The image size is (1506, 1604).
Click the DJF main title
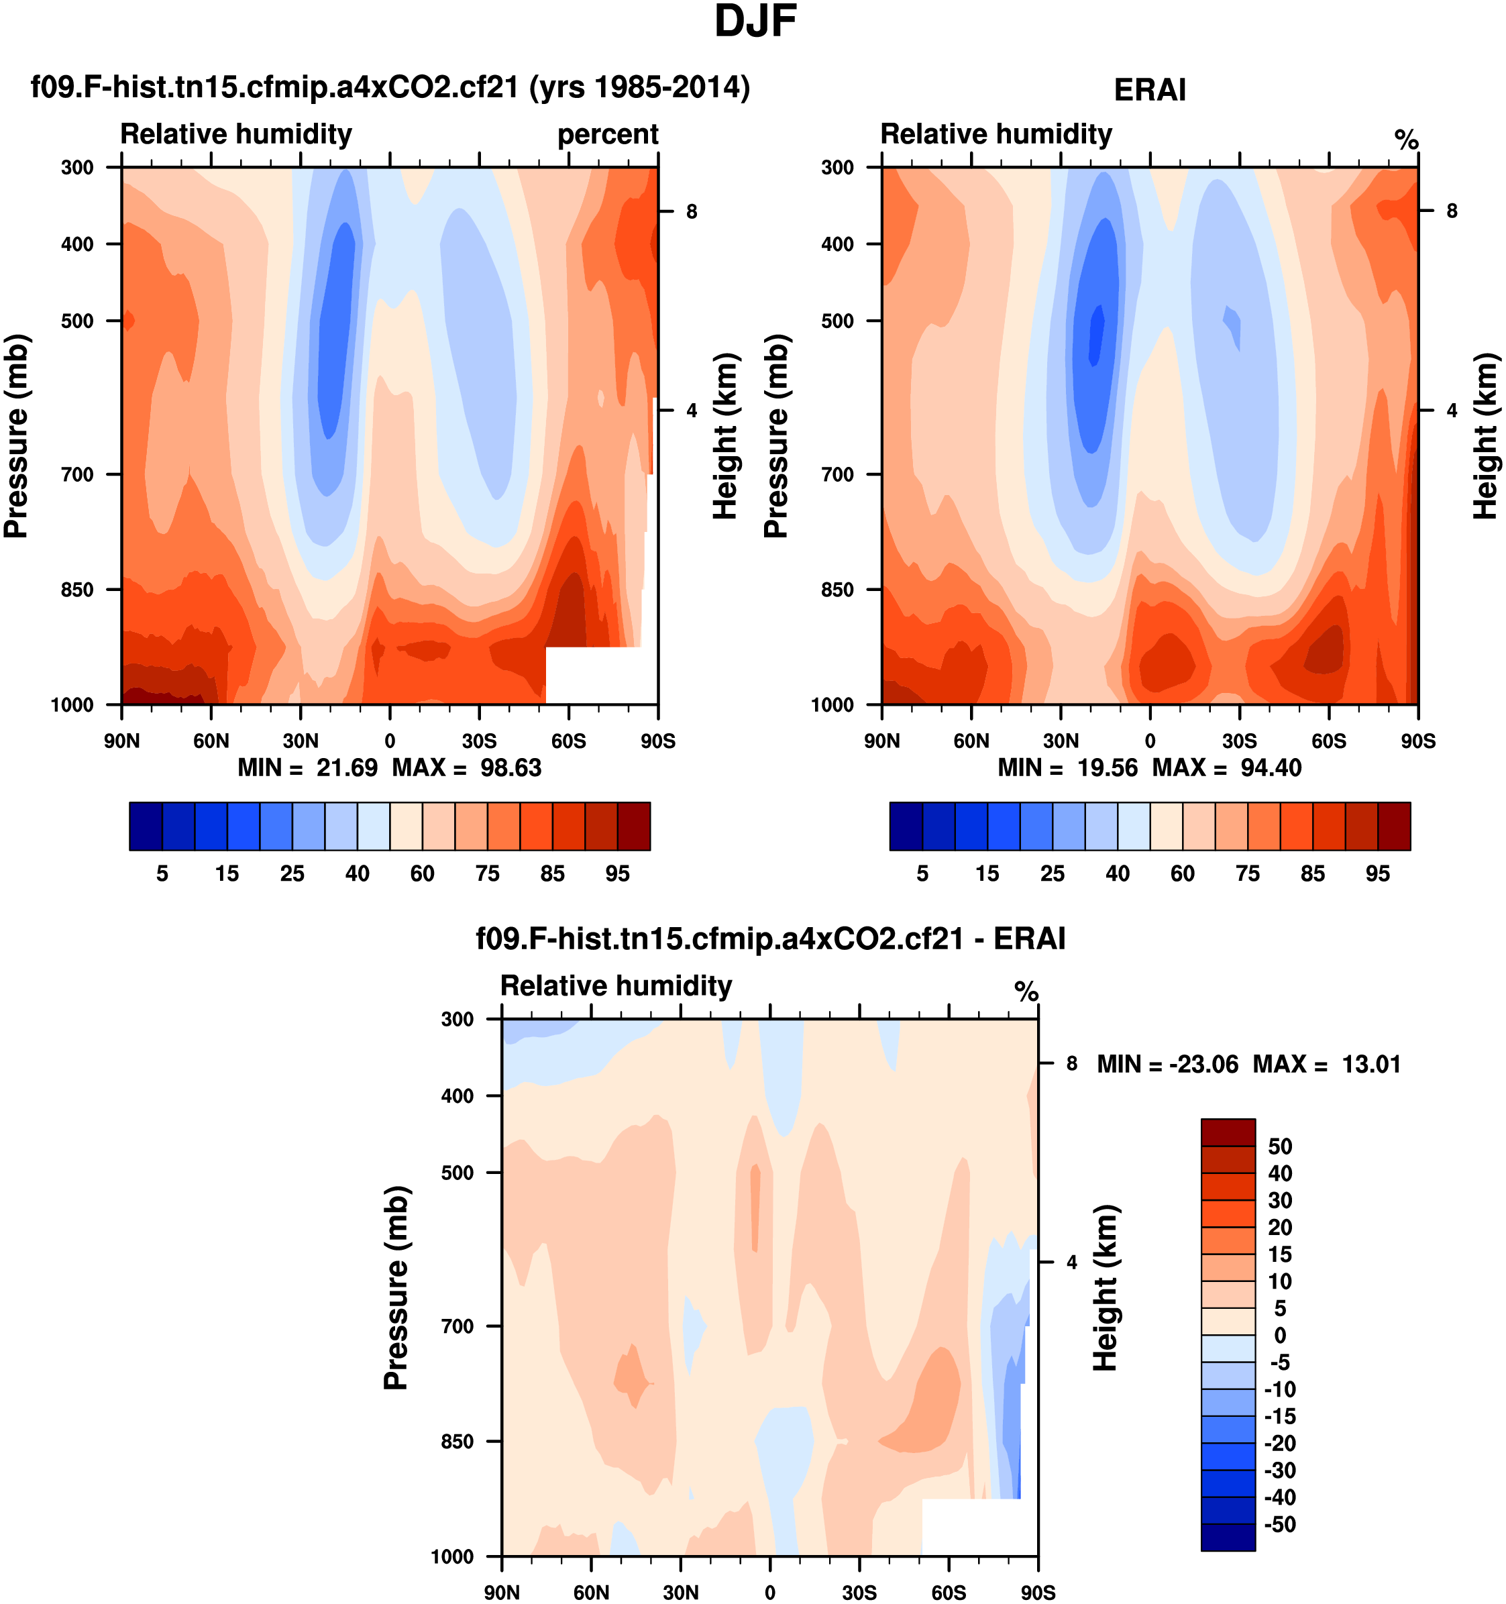pos(755,21)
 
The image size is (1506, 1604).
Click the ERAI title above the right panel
pos(1150,91)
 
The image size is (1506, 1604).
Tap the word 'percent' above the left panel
pos(607,134)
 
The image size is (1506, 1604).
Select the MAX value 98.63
pos(510,767)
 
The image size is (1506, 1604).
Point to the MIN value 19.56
pos(1107,767)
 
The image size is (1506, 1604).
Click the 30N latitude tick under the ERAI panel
pos(1061,741)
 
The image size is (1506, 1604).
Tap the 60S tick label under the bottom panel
pos(949,1593)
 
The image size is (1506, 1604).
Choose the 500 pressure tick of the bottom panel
pos(458,1173)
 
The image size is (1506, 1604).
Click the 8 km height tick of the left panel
pos(692,211)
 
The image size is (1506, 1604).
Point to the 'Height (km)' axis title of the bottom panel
pos(1105,1288)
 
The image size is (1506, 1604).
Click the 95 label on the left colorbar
pos(617,874)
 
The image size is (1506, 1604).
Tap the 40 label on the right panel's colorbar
pos(1117,874)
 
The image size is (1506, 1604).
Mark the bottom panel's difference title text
pos(770,939)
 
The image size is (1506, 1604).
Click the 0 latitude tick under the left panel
pos(390,741)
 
